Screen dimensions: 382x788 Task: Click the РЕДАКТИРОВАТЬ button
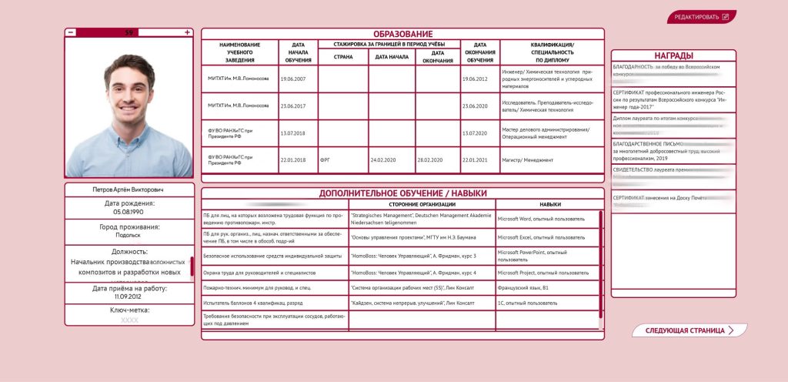tap(701, 17)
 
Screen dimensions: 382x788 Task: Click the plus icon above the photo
tap(187, 32)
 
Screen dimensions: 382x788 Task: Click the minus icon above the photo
tap(71, 32)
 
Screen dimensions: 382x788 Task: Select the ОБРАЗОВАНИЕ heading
tap(402, 34)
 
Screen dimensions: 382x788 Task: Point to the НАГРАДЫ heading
tap(673, 55)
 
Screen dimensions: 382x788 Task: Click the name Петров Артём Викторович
tap(129, 189)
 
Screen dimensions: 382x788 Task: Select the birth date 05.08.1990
tap(129, 212)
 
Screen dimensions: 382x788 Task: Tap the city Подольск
tap(129, 236)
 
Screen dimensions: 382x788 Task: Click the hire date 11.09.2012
tap(129, 297)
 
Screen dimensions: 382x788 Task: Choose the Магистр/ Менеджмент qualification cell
tap(528, 160)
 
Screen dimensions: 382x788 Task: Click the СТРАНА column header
tap(342, 56)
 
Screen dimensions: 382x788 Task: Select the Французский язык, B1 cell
tap(523, 286)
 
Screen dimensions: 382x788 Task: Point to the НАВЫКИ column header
tap(549, 204)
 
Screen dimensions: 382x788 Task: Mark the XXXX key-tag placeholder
tap(129, 320)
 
